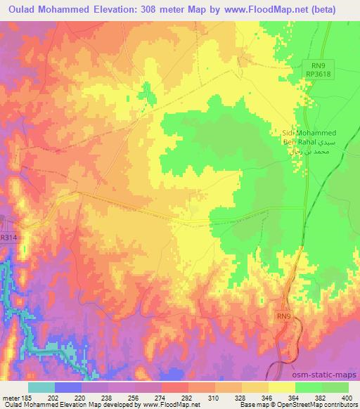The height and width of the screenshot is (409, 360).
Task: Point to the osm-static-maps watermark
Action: click(x=329, y=377)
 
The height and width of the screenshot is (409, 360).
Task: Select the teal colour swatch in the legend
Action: click(x=41, y=387)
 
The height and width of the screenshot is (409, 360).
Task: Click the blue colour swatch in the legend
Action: click(x=67, y=387)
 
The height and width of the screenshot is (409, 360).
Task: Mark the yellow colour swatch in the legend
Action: click(x=281, y=387)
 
